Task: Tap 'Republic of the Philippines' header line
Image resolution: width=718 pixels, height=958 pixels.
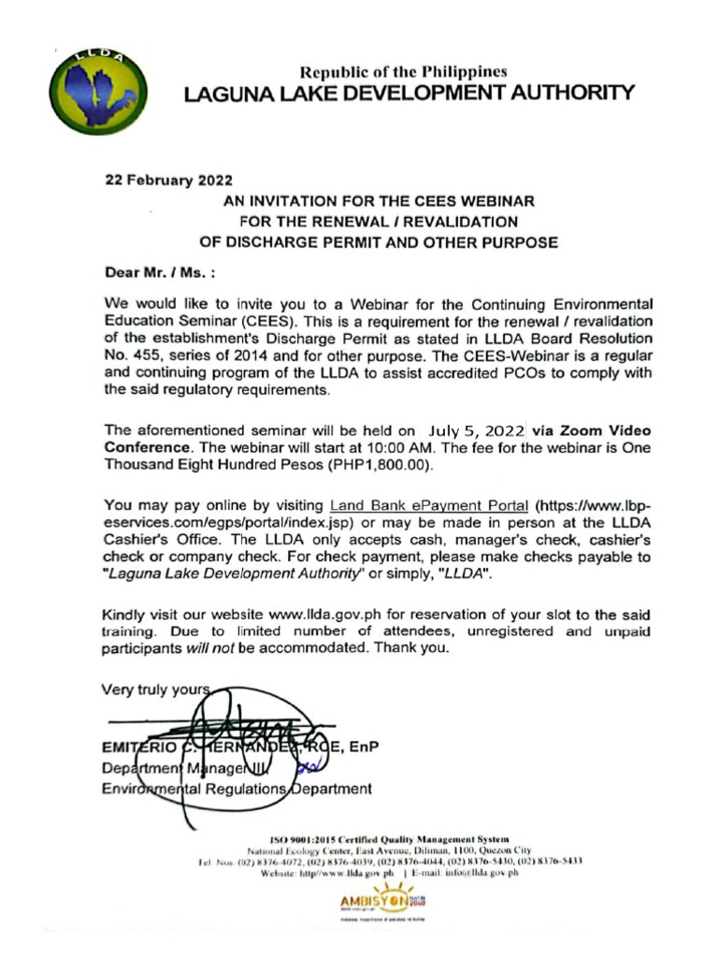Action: coord(404,71)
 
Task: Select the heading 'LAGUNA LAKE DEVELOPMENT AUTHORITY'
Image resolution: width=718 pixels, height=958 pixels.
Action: coord(409,94)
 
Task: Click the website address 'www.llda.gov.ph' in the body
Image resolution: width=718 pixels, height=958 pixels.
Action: coord(322,615)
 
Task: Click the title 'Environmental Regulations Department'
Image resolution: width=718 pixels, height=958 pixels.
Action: coord(237,789)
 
